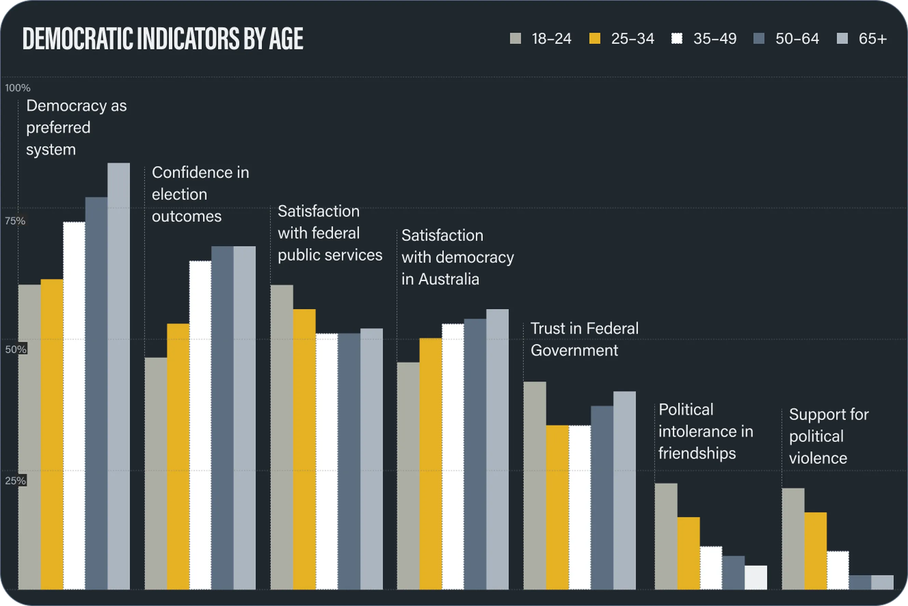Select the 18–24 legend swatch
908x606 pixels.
516,39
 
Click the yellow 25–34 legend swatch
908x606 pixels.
595,39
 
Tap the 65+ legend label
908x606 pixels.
872,39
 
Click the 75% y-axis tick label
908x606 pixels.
15,221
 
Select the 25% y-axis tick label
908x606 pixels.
15,481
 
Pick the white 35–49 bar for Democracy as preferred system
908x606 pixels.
74,405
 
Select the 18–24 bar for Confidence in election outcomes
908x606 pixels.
156,474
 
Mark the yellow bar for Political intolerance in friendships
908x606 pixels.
688,553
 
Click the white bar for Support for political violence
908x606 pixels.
838,570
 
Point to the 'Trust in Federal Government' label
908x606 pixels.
584,339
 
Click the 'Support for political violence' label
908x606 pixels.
828,436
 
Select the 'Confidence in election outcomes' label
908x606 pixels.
200,194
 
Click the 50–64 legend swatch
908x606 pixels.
759,39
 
